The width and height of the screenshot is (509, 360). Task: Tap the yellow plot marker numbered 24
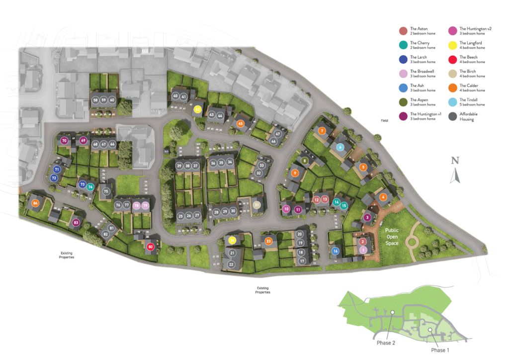click(232, 241)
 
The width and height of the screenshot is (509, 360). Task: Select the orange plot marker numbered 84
click(35, 203)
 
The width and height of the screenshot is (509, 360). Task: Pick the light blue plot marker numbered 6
click(340, 147)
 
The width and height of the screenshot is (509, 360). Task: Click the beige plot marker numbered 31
click(256, 205)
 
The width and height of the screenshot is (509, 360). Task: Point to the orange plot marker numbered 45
click(241, 124)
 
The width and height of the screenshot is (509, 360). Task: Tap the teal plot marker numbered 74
click(90, 187)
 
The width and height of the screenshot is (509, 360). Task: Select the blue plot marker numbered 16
click(336, 251)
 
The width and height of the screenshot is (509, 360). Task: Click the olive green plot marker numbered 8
click(305, 161)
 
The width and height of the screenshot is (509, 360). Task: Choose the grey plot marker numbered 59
click(103, 100)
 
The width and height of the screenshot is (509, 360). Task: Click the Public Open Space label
click(392, 237)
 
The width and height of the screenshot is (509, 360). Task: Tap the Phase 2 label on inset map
click(386, 343)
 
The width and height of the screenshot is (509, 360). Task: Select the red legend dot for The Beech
click(452, 60)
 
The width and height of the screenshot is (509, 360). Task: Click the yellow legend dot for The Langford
click(452, 45)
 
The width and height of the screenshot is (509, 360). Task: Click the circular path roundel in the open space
click(412, 243)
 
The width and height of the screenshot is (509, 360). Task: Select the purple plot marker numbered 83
click(76, 222)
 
